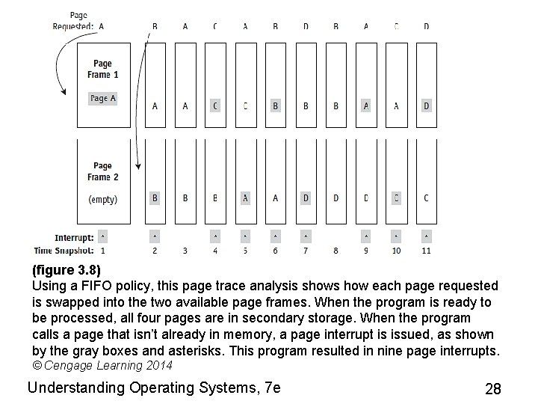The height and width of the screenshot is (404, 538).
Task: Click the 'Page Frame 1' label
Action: (103, 69)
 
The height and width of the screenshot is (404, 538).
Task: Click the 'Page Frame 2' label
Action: (103, 171)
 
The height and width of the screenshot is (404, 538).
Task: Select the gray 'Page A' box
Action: (103, 98)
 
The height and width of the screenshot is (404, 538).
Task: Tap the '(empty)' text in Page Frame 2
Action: (103, 200)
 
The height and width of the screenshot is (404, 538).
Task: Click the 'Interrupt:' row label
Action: (74, 238)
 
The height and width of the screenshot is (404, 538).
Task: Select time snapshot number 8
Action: (336, 251)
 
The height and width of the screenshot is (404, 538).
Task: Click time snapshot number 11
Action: (426, 251)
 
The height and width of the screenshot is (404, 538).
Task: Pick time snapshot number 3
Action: (185, 251)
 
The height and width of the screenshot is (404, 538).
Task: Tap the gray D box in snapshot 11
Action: (426, 105)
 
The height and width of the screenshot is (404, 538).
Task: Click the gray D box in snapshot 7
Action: (306, 198)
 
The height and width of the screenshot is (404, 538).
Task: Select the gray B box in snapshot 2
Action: (155, 198)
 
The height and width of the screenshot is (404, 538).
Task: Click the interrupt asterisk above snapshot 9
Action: (366, 237)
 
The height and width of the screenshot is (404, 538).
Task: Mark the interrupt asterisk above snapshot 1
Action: (103, 237)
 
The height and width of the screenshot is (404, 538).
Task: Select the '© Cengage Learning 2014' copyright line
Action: (103, 366)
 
